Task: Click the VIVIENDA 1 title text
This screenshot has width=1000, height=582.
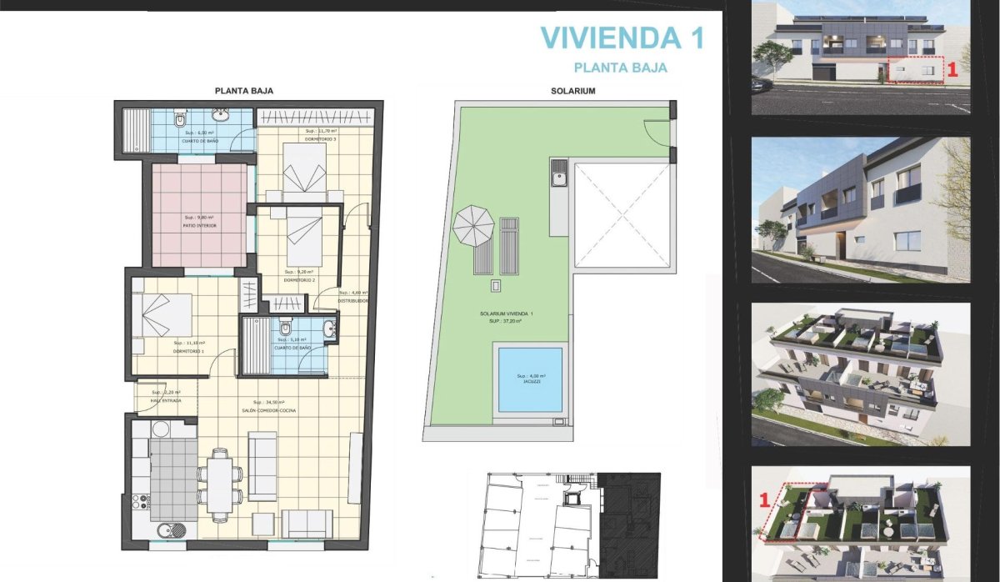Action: (622, 38)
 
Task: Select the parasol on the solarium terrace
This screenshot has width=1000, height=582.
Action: (474, 226)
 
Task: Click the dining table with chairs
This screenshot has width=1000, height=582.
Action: (220, 484)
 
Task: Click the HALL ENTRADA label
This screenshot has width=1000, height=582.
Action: (167, 400)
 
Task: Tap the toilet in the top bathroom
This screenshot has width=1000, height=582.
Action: (180, 121)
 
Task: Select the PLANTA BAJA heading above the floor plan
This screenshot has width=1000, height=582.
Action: (244, 91)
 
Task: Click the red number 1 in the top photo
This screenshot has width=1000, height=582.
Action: (953, 73)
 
